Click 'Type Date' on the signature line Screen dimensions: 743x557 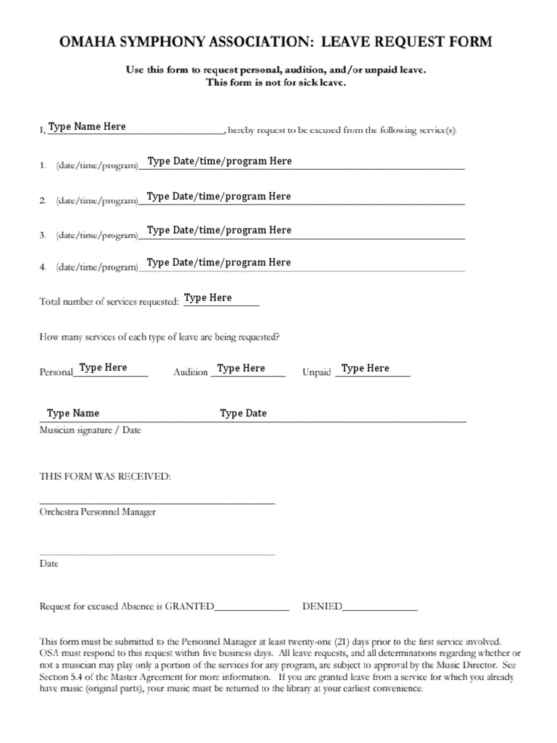243,414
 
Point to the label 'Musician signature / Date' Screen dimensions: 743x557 90,430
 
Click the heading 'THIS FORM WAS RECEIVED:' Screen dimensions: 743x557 105,477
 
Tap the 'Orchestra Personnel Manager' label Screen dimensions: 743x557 97,512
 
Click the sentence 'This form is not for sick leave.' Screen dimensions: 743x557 276,83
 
